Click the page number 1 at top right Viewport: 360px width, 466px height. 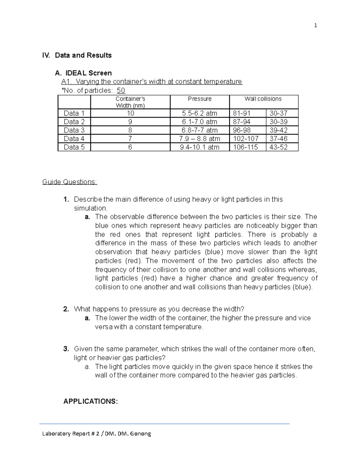click(315, 26)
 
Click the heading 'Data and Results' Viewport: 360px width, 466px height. click(83, 55)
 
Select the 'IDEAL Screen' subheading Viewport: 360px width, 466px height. click(88, 73)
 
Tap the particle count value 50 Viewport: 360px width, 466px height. click(121, 90)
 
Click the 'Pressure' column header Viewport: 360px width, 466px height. click(199, 99)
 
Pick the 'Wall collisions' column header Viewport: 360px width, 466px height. click(263, 99)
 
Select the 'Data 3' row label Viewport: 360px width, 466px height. click(74, 130)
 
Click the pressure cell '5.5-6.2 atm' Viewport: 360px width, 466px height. click(199, 113)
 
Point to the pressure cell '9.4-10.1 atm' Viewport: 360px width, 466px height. click(199, 147)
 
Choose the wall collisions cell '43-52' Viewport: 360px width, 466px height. click(278, 147)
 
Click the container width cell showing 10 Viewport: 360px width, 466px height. click(130, 113)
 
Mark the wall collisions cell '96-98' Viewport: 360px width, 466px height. click(242, 130)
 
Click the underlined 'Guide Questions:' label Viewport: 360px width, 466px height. click(70, 182)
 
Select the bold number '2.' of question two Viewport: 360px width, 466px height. click(66, 309)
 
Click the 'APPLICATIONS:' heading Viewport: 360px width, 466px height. click(90, 401)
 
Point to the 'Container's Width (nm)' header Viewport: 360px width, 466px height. click(130, 102)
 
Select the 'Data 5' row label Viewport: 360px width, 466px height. click(74, 147)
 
